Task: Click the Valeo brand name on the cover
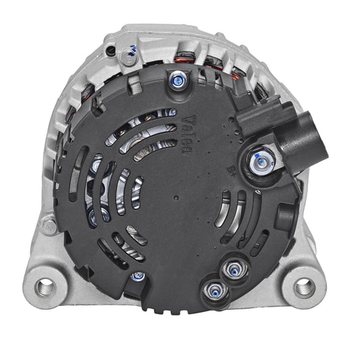tap(186, 134)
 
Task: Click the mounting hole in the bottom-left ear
tap(45, 286)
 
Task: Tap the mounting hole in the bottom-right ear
tap(305, 286)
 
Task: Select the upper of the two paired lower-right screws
tap(234, 269)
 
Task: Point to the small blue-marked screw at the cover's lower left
tap(138, 276)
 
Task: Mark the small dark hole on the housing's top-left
tap(111, 51)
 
